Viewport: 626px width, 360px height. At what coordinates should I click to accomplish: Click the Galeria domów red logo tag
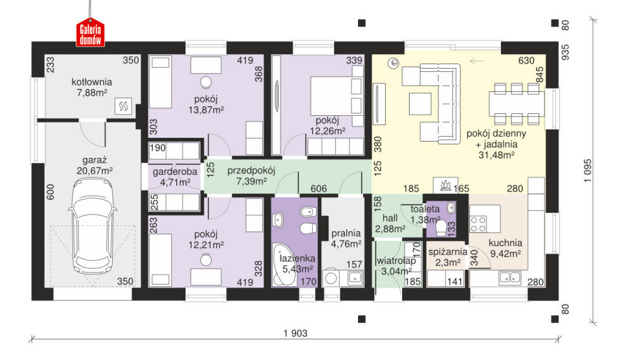91,32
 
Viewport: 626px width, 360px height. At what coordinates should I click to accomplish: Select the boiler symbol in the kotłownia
123,106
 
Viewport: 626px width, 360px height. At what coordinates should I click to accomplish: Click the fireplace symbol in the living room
445,186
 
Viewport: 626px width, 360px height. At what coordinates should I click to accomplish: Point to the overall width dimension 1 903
296,333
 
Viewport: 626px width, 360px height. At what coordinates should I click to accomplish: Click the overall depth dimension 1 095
587,171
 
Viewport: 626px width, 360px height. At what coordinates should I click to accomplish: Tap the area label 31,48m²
496,155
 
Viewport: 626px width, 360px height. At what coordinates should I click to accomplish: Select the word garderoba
175,172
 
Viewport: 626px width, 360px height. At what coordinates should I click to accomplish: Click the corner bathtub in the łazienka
284,264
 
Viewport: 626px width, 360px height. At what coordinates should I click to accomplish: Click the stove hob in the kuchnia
478,224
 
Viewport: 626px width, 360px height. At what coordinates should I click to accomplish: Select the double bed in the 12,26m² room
337,96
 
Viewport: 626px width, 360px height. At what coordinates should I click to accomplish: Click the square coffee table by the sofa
420,104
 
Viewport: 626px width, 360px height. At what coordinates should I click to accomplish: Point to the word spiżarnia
447,252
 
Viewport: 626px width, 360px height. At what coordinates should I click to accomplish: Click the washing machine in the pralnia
331,278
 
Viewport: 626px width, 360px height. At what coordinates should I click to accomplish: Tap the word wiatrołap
396,261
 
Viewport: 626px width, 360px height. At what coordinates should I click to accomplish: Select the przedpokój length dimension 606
318,188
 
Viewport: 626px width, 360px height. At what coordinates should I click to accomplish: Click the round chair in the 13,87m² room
206,82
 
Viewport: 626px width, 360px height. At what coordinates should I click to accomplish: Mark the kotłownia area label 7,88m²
92,93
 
